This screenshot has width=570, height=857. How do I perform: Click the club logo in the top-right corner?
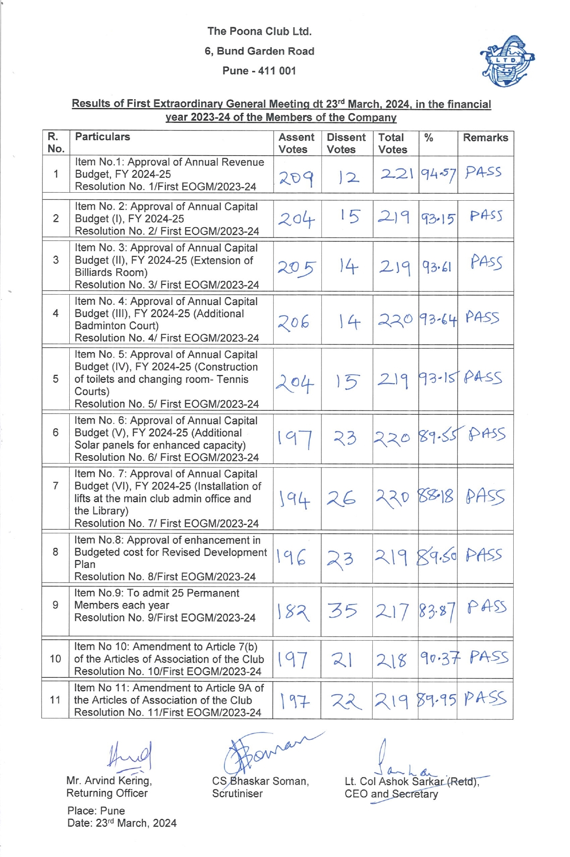[507, 61]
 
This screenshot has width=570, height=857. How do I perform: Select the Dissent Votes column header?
[346, 143]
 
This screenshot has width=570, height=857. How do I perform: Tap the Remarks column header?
[485, 138]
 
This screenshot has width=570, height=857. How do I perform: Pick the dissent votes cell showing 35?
[342, 610]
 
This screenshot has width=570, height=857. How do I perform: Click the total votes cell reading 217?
[392, 612]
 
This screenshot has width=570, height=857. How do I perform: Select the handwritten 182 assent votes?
[293, 612]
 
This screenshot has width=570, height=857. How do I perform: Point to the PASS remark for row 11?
[485, 698]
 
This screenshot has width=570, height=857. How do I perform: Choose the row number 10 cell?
[55, 659]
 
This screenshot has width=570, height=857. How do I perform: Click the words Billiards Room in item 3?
[111, 272]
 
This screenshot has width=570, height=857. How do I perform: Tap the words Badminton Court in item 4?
[116, 325]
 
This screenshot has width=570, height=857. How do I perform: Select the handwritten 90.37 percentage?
[439, 658]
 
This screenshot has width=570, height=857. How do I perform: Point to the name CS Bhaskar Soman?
[260, 781]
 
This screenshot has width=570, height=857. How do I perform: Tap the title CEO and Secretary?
[391, 794]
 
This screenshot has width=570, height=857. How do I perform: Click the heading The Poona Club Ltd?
[259, 31]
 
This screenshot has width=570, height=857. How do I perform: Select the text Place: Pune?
[96, 811]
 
